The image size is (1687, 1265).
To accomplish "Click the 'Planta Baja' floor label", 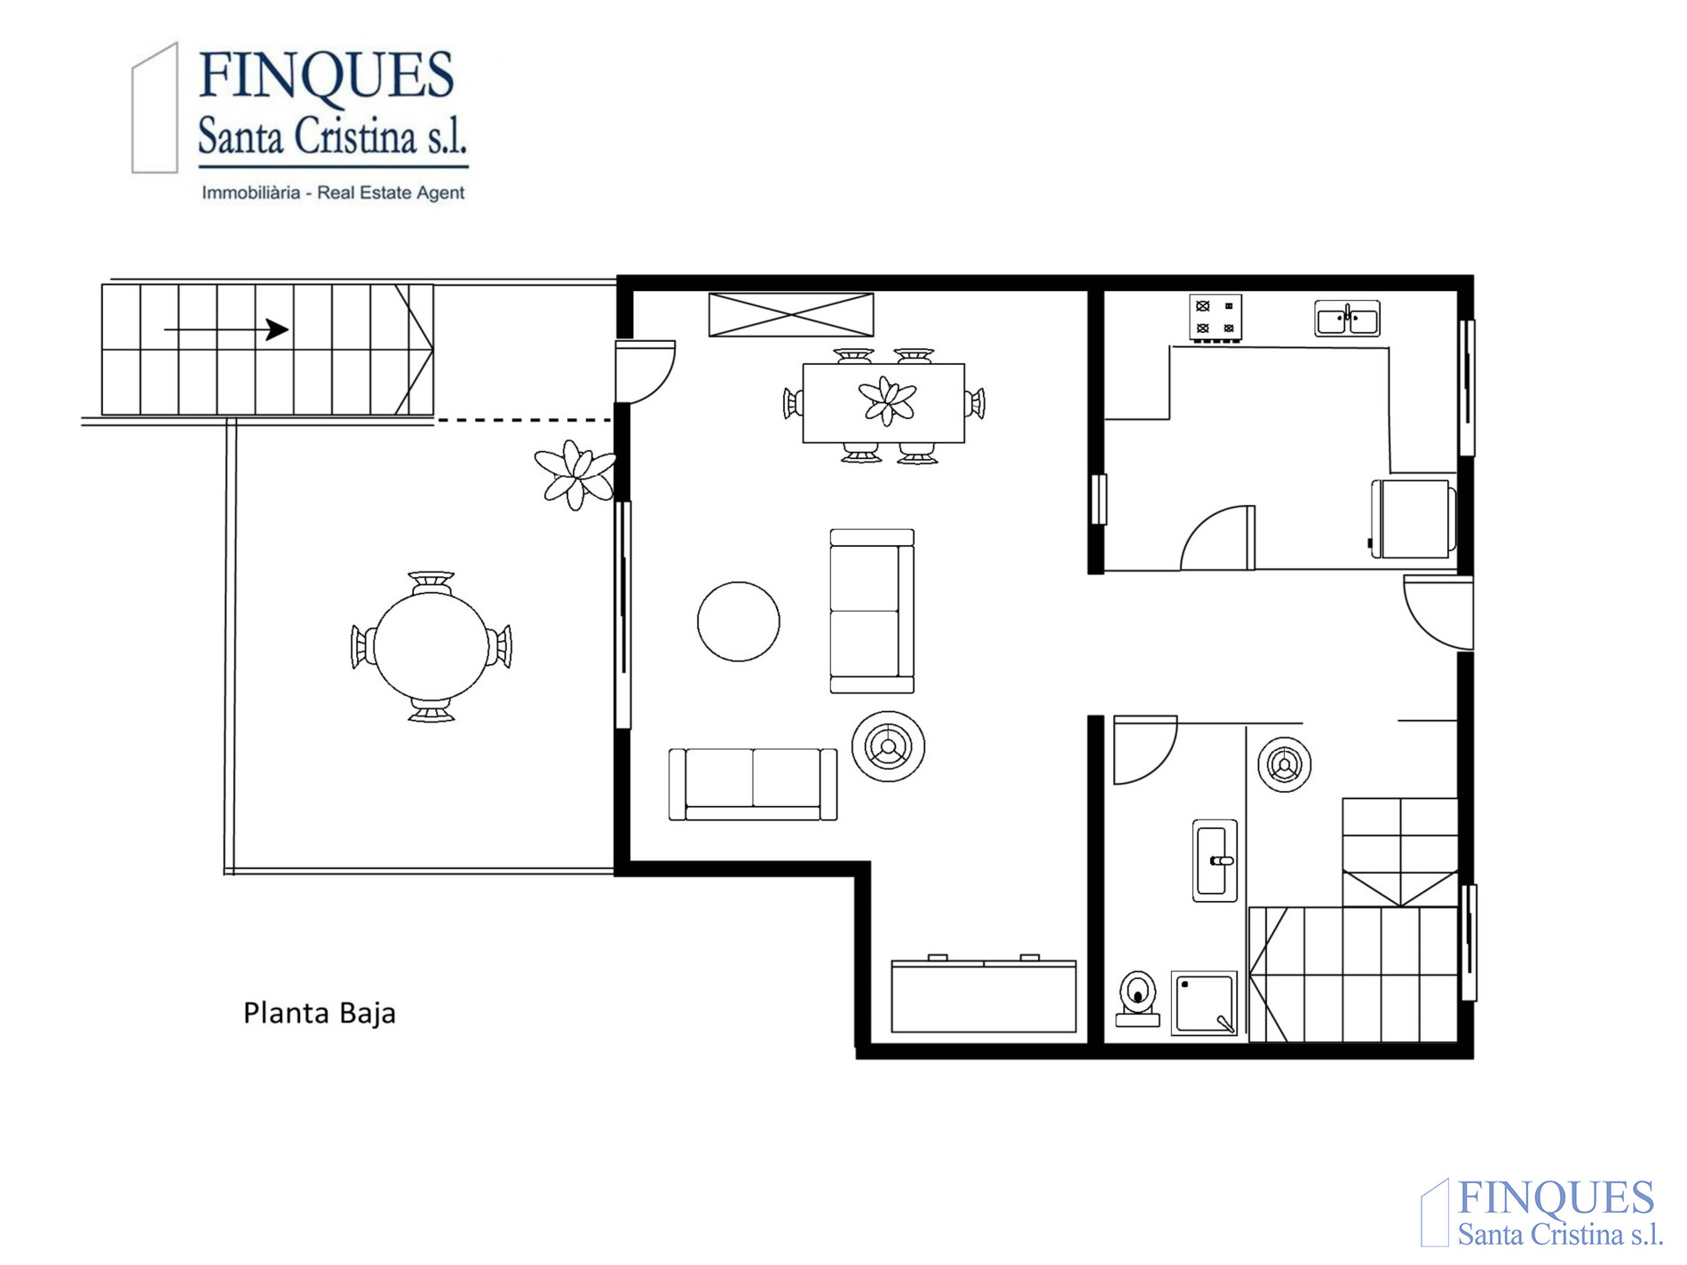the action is click(x=320, y=1013).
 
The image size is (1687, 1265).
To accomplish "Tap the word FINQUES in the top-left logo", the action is click(x=327, y=75).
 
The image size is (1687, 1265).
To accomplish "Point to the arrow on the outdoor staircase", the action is click(x=226, y=330).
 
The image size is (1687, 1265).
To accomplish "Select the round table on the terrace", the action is click(x=432, y=647).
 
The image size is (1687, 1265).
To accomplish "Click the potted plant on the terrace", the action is click(x=575, y=475).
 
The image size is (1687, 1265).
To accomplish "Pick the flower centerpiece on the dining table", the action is click(x=887, y=401).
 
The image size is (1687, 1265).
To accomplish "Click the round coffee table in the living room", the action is click(x=739, y=621).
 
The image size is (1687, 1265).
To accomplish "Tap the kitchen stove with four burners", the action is click(x=1216, y=318).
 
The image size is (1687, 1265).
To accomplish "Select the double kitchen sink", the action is click(x=1347, y=319).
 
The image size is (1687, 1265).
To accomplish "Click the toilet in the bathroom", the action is click(x=1137, y=999).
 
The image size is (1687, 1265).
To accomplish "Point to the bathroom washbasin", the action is click(x=1215, y=860).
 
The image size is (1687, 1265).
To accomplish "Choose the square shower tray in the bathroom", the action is click(x=1204, y=1004).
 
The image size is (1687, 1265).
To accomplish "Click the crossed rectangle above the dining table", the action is click(x=791, y=315).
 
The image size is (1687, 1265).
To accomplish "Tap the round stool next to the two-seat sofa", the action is click(x=888, y=747).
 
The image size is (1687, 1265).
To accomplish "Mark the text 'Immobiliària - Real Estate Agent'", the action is click(x=333, y=193).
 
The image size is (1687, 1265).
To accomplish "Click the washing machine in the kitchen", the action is click(x=1414, y=519).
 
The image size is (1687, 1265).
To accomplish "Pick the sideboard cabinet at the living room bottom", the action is click(x=984, y=994).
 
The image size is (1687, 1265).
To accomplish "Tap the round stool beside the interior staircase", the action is click(x=1284, y=764).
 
